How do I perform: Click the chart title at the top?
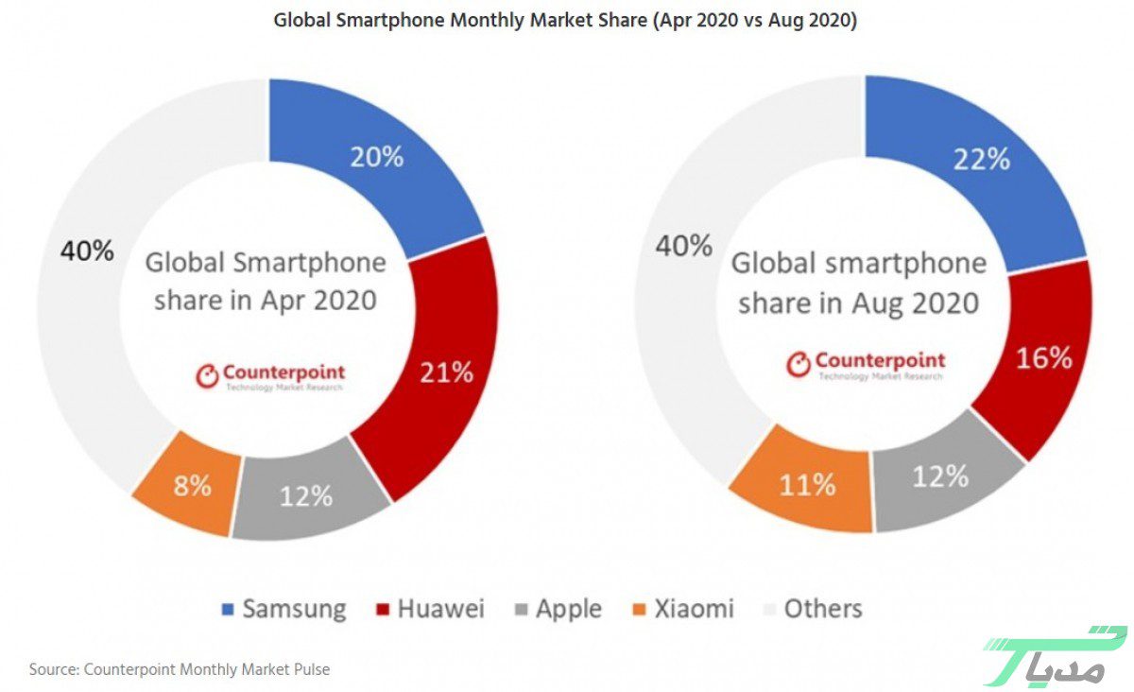pos(565,20)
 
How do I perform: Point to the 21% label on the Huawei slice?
pos(445,372)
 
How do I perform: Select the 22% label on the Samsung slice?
pos(981,159)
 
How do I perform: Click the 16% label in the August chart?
pos(1044,358)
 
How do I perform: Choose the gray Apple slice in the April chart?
pos(307,495)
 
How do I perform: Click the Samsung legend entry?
pos(284,609)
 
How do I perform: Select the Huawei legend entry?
pos(430,609)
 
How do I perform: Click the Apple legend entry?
pos(558,609)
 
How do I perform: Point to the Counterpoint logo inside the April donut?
pos(270,376)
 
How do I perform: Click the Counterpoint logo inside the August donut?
pos(866,364)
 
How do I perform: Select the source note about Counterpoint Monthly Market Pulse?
pos(180,669)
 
